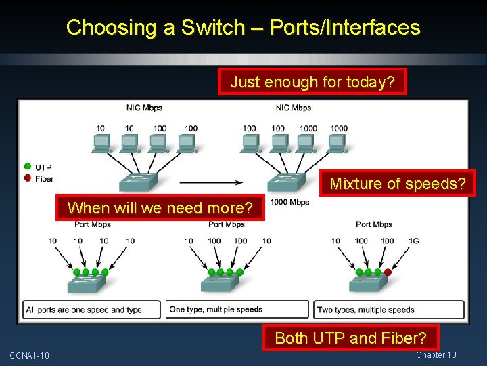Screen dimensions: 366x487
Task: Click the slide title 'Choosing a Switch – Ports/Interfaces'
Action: click(243, 28)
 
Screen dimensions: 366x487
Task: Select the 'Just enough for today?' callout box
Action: click(312, 82)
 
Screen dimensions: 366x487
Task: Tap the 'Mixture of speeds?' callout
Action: click(397, 183)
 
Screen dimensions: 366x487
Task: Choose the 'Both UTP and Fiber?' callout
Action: click(350, 338)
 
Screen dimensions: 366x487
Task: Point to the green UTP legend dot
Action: click(27, 167)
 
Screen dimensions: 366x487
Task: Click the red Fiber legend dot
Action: click(27, 178)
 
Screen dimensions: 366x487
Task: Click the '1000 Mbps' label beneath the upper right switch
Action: click(289, 202)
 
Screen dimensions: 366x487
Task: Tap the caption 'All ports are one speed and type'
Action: click(84, 310)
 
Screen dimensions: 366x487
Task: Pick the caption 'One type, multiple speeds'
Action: click(216, 310)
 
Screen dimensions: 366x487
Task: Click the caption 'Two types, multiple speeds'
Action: click(366, 310)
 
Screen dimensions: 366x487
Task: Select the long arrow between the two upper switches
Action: click(210, 182)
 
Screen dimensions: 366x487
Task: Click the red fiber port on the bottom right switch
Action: click(387, 272)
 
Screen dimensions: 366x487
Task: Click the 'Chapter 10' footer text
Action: click(436, 355)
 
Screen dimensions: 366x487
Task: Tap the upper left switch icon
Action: click(137, 180)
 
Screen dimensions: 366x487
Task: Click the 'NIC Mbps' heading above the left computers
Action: click(144, 108)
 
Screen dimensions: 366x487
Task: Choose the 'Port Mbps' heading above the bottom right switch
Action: click(373, 224)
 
